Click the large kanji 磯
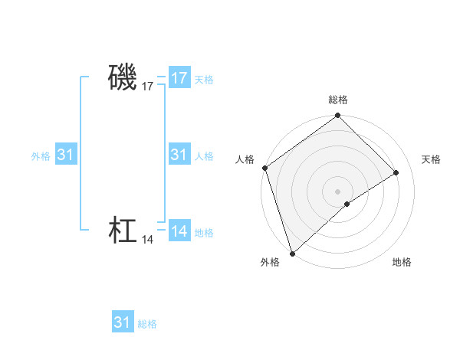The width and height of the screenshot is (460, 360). coord(123,77)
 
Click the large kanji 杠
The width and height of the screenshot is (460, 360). coord(123,231)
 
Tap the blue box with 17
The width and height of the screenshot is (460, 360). coord(179,78)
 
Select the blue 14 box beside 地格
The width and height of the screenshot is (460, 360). coord(179,231)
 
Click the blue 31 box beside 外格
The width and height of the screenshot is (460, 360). coord(65,155)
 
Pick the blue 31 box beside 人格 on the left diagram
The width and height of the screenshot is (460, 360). coord(179,155)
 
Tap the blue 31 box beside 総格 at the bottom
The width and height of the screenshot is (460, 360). coord(122,322)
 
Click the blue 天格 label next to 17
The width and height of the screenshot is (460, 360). coord(204,80)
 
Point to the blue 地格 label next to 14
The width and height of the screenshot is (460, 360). coord(204,233)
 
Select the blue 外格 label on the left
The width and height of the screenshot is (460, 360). coord(41,156)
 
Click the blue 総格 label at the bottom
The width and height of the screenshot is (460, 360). coord(147,324)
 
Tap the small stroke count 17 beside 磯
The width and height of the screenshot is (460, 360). coord(148,87)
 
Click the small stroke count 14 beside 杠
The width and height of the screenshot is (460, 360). coord(148,241)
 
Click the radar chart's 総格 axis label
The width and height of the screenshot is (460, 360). coord(338,100)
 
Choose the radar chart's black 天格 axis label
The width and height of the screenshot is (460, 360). coord(431,159)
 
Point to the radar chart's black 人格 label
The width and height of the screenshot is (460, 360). coord(245,159)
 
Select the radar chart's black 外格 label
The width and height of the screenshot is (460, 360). coord(270,262)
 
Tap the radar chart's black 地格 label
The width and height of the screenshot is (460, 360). coord(402,262)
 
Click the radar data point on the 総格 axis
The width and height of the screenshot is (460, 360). coord(338,116)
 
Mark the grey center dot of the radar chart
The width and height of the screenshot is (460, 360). coord(338,191)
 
